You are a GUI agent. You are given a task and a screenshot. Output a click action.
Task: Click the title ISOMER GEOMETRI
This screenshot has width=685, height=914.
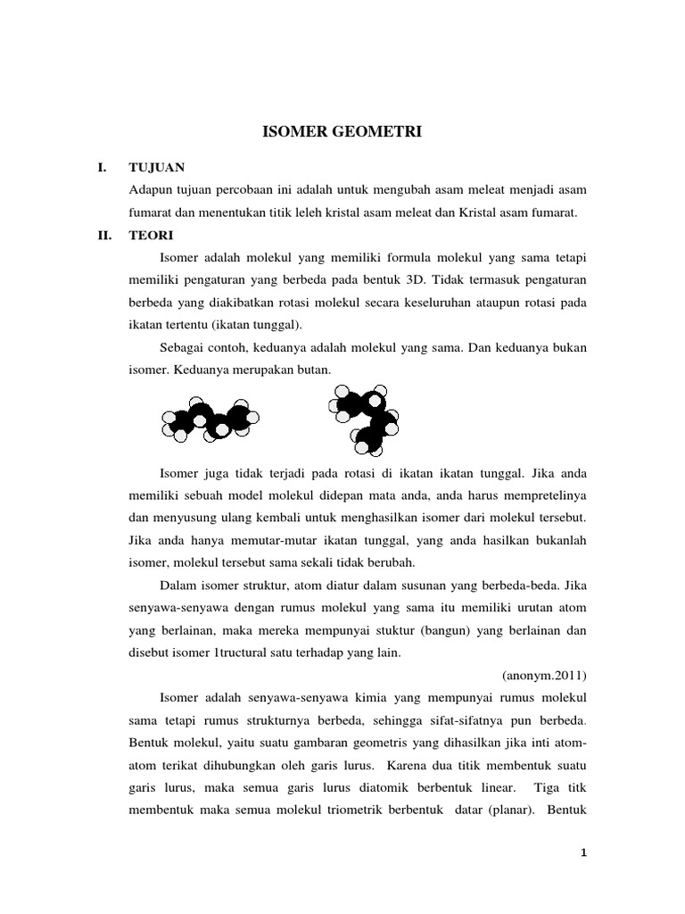tap(342, 134)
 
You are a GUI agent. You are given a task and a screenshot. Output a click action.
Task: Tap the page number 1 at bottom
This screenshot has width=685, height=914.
tap(582, 853)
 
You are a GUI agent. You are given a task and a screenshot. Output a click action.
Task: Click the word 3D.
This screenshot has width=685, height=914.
tap(484, 280)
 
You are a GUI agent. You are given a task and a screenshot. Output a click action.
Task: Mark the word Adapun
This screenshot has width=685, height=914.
tap(151, 190)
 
